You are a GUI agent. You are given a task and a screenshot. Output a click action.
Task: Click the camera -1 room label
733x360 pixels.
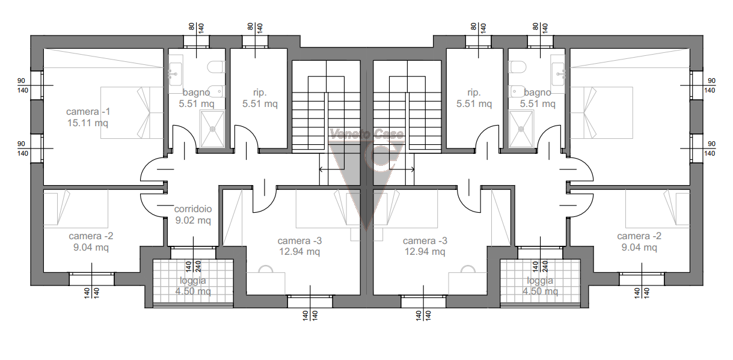[88, 112]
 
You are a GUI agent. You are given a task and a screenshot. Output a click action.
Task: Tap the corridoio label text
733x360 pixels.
[193, 209]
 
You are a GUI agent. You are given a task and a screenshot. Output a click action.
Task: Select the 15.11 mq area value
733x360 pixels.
[88, 123]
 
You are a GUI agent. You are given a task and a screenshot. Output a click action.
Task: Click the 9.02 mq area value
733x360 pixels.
[193, 220]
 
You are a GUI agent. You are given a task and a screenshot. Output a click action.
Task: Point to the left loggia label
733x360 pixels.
[193, 281]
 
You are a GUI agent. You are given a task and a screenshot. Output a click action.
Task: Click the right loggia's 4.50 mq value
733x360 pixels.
[540, 291]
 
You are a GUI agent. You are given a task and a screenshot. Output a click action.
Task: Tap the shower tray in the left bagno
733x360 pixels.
[212, 129]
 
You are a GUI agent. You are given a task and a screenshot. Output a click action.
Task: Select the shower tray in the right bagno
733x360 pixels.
[521, 129]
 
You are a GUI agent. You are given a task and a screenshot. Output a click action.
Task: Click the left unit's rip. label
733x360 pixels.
[260, 93]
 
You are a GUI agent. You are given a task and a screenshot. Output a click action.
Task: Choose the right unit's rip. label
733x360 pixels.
[474, 93]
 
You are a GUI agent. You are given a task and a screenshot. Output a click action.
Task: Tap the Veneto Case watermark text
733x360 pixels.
[367, 134]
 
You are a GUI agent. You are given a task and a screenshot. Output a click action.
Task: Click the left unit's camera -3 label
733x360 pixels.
[299, 240]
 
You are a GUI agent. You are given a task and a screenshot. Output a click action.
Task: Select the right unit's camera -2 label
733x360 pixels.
[639, 236]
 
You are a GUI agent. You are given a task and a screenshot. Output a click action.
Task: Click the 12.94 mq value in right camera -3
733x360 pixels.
[425, 252]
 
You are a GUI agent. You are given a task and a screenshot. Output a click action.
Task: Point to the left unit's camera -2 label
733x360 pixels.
[91, 236]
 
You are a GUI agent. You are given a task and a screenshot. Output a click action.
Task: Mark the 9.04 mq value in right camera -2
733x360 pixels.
[639, 247]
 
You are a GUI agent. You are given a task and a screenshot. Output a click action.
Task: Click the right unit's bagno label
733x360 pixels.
[538, 93]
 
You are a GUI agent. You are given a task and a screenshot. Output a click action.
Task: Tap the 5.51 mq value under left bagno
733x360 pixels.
[197, 104]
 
